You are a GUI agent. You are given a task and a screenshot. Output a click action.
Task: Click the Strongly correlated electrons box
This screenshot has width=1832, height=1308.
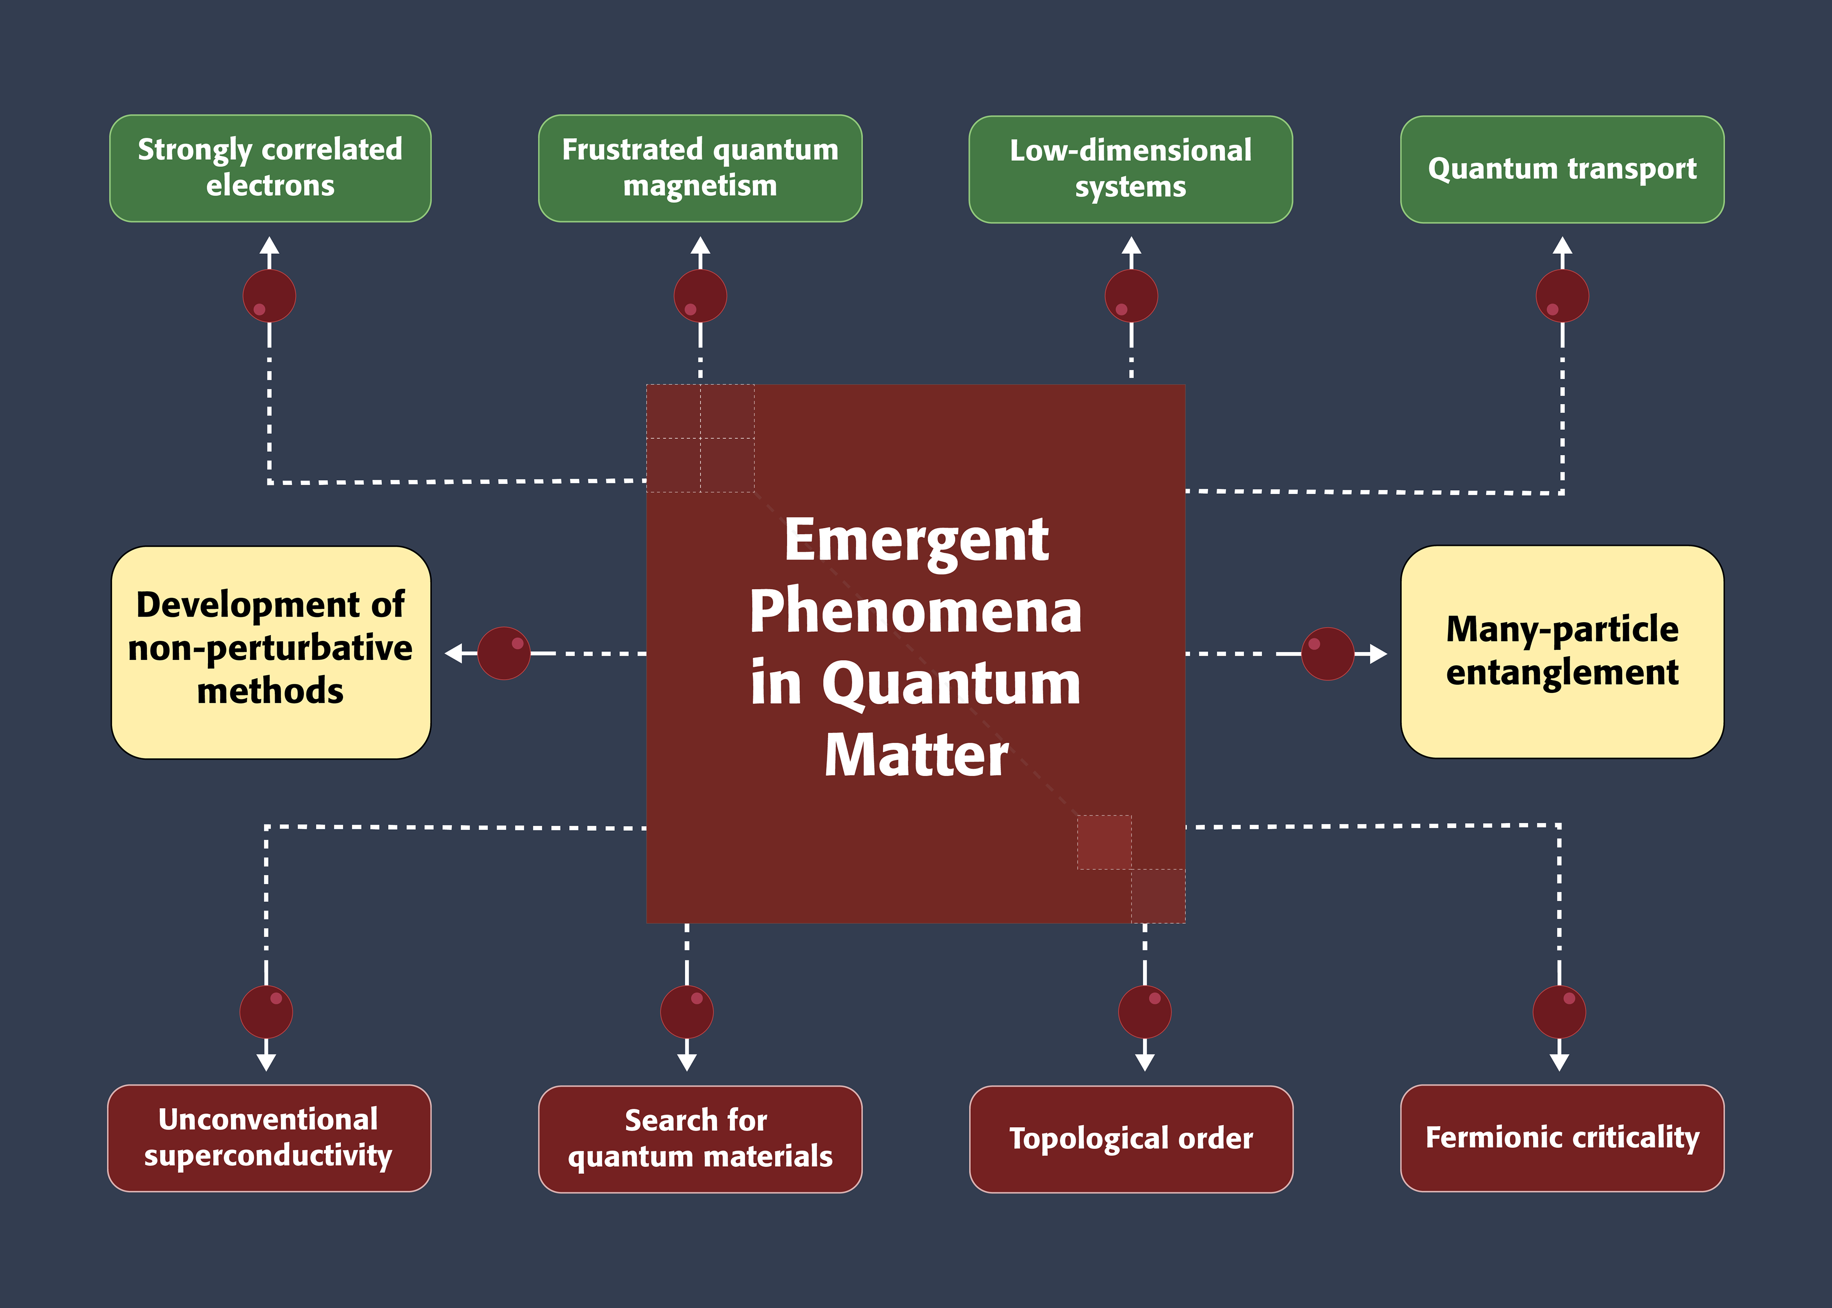270,168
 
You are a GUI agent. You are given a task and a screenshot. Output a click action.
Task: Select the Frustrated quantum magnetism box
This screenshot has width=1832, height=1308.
700,168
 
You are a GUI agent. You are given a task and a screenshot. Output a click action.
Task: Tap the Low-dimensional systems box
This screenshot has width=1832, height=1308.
1131,169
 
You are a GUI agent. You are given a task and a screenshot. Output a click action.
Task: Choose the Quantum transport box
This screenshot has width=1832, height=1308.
1562,169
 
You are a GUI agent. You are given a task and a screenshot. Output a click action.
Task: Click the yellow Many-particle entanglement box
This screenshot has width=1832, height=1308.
1562,651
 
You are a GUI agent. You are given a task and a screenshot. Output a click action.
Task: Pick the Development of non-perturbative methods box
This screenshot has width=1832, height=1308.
271,652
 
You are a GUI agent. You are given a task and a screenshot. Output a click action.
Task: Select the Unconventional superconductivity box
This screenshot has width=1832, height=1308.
269,1138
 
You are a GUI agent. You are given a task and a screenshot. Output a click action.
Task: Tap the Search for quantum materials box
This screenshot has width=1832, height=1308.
700,1139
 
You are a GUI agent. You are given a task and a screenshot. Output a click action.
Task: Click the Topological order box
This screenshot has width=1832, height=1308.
1131,1139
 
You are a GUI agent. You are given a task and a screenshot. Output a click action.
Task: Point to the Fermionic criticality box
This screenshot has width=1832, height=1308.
1562,1138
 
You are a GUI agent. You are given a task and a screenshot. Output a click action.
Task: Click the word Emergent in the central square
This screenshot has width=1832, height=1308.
916,541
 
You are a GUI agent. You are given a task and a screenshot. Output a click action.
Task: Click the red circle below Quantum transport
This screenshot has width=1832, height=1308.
1562,295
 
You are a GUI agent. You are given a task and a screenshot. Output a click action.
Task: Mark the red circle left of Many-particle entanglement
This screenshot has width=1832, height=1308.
1328,654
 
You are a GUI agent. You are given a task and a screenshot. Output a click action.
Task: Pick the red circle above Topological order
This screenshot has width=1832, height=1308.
1145,1012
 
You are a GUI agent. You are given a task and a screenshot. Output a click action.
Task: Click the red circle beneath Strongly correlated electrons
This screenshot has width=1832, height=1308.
270,295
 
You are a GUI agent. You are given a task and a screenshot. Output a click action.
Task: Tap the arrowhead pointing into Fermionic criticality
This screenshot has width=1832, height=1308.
1560,1062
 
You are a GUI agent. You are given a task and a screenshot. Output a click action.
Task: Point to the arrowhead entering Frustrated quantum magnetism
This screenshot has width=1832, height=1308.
700,246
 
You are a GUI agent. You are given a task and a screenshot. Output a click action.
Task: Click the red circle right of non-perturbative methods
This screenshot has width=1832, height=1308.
504,653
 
